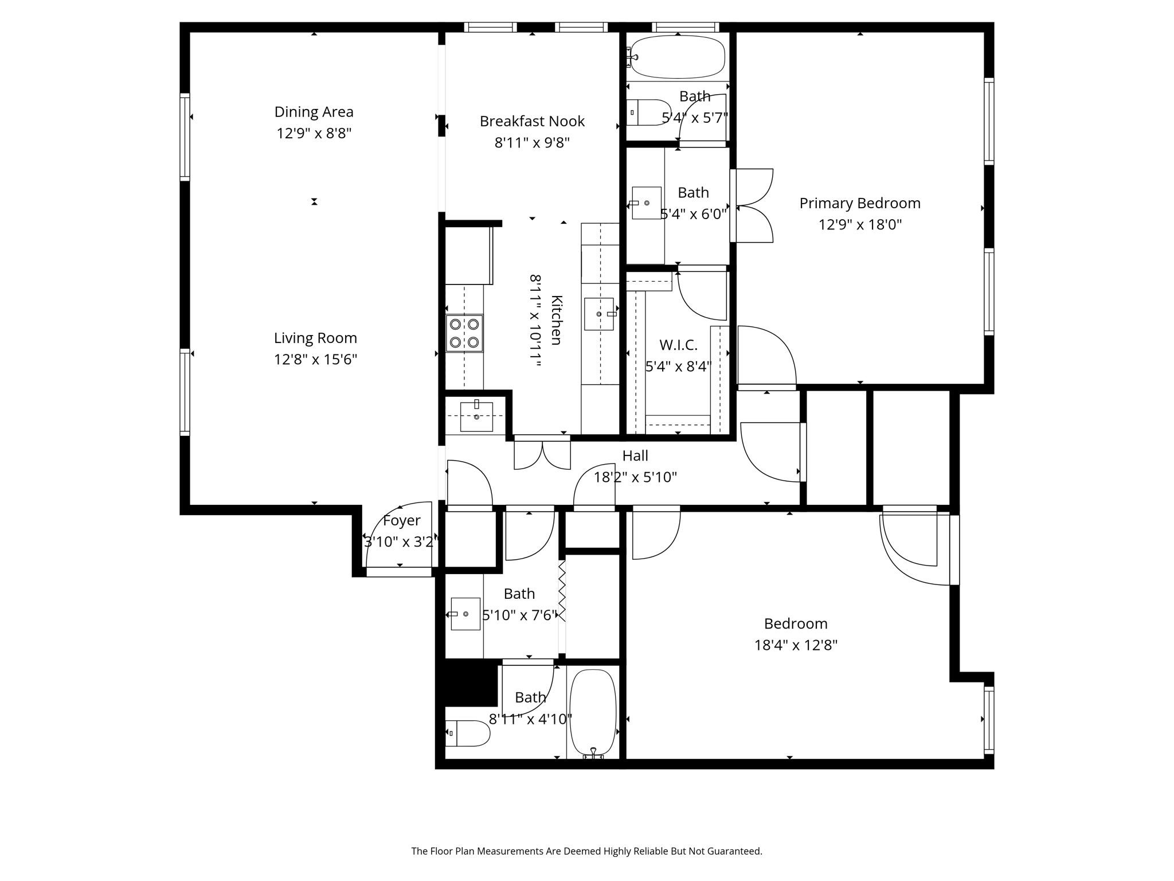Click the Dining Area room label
[x=314, y=112]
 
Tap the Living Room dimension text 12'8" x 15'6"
[x=315, y=360]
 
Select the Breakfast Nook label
[x=532, y=121]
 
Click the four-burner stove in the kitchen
[x=464, y=333]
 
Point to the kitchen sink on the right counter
[x=599, y=314]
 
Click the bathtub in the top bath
[x=678, y=57]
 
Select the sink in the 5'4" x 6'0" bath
[x=647, y=202]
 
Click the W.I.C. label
[x=678, y=345]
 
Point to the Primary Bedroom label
[x=859, y=203]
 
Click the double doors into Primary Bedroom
[x=754, y=205]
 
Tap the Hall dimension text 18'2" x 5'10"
[x=635, y=477]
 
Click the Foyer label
[x=401, y=520]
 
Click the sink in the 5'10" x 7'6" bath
[x=465, y=614]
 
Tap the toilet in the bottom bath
[x=467, y=733]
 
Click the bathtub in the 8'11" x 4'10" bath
[x=593, y=712]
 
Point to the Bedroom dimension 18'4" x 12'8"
[x=796, y=645]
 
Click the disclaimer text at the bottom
[x=586, y=851]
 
